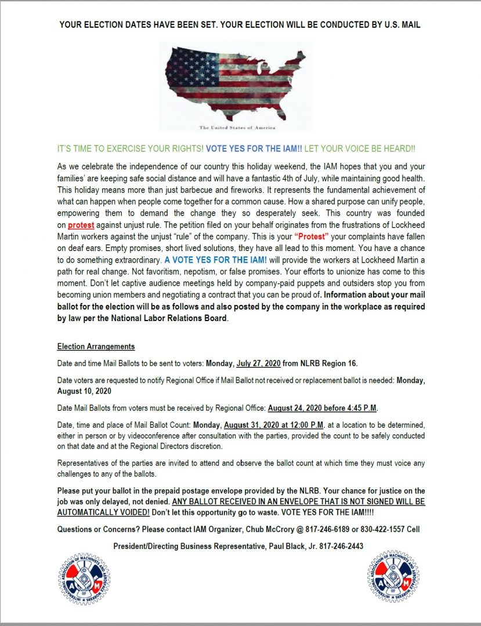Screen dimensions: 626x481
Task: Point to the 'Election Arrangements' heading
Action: (x=96, y=347)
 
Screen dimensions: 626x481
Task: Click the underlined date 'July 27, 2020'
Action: (x=259, y=363)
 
